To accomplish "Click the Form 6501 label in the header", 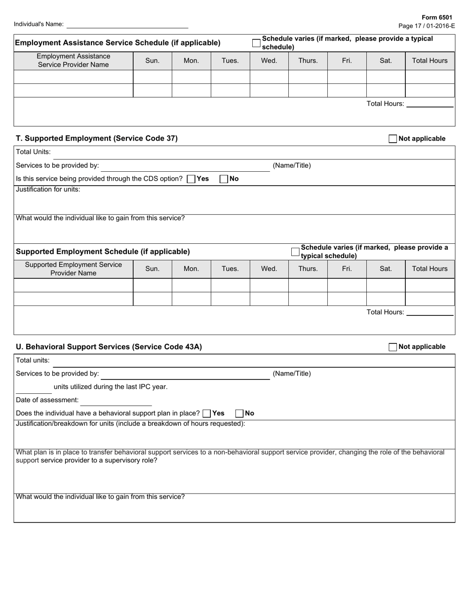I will [x=441, y=17].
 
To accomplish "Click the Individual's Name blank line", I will [x=127, y=24].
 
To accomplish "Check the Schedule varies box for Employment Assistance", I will [x=256, y=43].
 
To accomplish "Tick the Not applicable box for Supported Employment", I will [x=393, y=139].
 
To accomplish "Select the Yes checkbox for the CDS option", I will [x=191, y=179].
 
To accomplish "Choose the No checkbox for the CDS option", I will [x=224, y=179].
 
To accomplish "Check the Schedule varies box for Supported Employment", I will [x=295, y=252].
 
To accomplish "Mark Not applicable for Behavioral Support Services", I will [x=393, y=347].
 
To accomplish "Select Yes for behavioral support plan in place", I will [x=207, y=413].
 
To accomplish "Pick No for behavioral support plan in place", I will [x=239, y=413].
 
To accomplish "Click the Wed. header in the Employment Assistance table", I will [x=269, y=61].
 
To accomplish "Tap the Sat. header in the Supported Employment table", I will [x=386, y=269].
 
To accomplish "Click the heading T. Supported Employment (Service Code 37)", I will [x=97, y=139].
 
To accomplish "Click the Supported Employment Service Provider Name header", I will [x=74, y=269].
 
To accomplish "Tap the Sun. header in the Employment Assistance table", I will [x=153, y=61].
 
